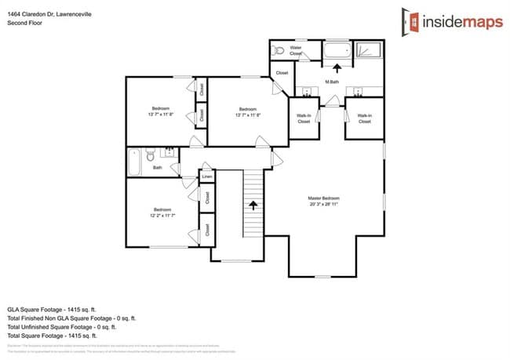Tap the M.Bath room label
pyautogui.click(x=332, y=82)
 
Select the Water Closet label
pyautogui.click(x=296, y=50)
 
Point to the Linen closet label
pyautogui.click(x=207, y=177)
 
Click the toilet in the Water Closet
pyautogui.click(x=277, y=50)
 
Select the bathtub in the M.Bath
pyautogui.click(x=337, y=53)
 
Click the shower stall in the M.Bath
pyautogui.click(x=368, y=52)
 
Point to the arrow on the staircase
pyautogui.click(x=253, y=205)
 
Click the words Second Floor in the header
pyautogui.click(x=24, y=24)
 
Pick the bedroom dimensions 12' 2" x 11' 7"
pyautogui.click(x=162, y=214)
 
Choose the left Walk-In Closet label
pyautogui.click(x=304, y=118)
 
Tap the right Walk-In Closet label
pyautogui.click(x=365, y=118)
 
